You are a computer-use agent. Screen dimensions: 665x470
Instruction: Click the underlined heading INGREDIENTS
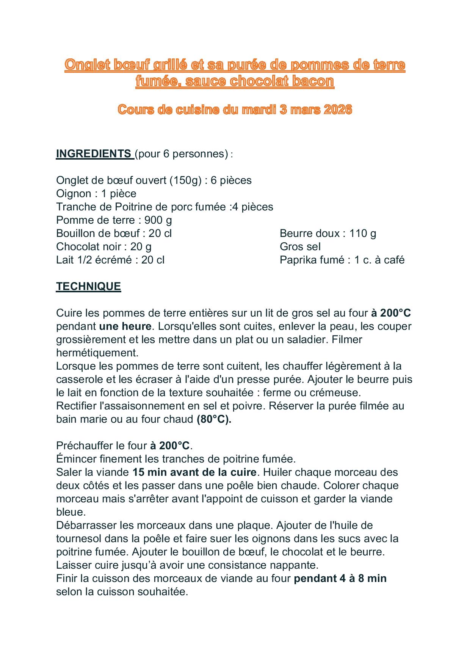tap(93, 154)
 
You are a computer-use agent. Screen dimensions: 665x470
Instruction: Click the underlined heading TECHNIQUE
tap(88, 286)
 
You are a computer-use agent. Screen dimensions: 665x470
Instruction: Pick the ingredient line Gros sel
tap(300, 246)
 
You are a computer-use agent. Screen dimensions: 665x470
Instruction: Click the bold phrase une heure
tap(125, 326)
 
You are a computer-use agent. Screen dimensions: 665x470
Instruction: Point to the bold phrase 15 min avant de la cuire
tap(194, 472)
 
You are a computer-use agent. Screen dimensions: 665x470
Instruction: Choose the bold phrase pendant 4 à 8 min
tap(340, 578)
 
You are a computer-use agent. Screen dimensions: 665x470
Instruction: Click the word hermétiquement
tap(97, 353)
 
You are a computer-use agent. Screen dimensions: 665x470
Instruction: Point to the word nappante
tap(294, 565)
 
